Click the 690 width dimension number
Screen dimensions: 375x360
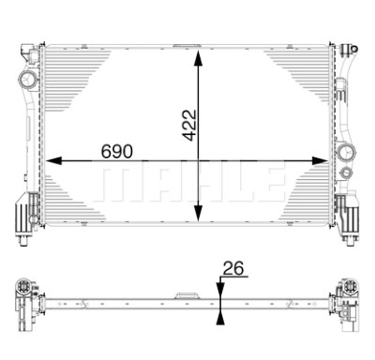(x=117, y=151)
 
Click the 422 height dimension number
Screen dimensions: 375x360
(x=189, y=125)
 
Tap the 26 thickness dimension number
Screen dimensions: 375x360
(x=233, y=268)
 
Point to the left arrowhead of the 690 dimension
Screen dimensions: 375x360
(x=53, y=161)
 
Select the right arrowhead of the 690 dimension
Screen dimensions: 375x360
(x=320, y=161)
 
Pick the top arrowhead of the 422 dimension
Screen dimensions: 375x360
(x=198, y=58)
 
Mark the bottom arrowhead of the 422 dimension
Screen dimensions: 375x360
(x=198, y=214)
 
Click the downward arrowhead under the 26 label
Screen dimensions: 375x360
(x=220, y=288)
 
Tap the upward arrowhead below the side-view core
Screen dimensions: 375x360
(x=220, y=319)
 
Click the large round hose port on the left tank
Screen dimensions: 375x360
(x=28, y=79)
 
